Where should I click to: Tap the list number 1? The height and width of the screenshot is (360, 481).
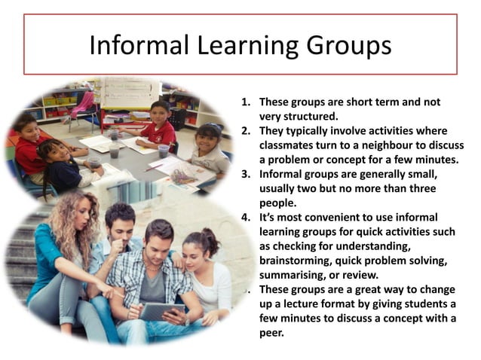coord(245,102)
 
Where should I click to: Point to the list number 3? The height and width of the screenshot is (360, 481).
coord(245,173)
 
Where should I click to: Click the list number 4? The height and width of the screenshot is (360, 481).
coord(245,217)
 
